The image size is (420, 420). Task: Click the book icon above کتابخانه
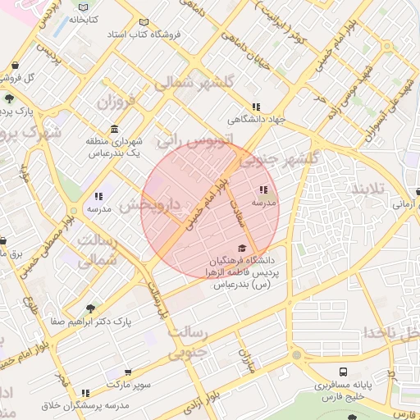pyautogui.click(x=82, y=6)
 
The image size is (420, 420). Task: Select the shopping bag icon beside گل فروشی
pyautogui.click(x=16, y=66)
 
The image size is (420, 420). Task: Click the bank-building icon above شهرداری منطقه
pyautogui.click(x=113, y=130)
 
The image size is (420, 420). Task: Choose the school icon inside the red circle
pyautogui.click(x=263, y=189)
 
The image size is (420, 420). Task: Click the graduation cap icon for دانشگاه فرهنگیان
pyautogui.click(x=242, y=248)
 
